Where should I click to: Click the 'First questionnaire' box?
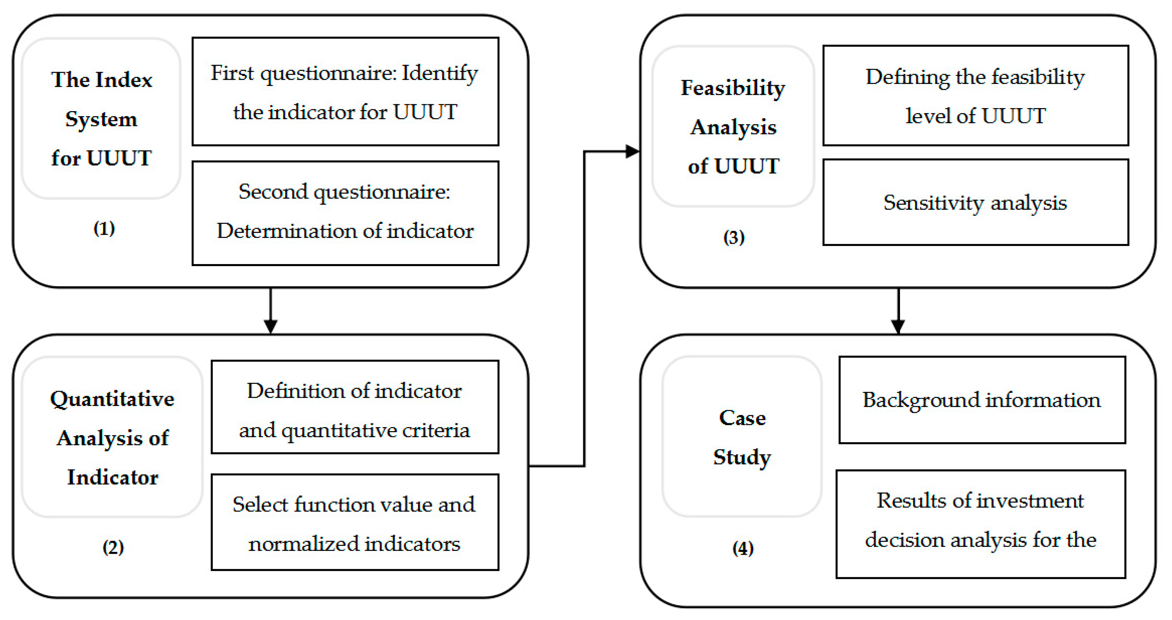point(345,92)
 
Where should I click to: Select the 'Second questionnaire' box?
point(345,213)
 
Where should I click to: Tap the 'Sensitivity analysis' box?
point(975,202)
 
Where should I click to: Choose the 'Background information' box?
point(982,400)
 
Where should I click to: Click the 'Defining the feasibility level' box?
point(975,96)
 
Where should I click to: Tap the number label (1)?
point(104,228)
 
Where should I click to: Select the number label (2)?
point(113,547)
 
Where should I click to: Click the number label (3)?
point(734,237)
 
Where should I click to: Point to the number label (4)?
point(743,548)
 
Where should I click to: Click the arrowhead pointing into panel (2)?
point(271,326)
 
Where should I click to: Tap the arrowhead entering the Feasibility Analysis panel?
point(633,151)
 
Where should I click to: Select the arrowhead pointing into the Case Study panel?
point(898,326)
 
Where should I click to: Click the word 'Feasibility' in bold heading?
point(733,88)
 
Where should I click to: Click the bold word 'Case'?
point(742,418)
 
